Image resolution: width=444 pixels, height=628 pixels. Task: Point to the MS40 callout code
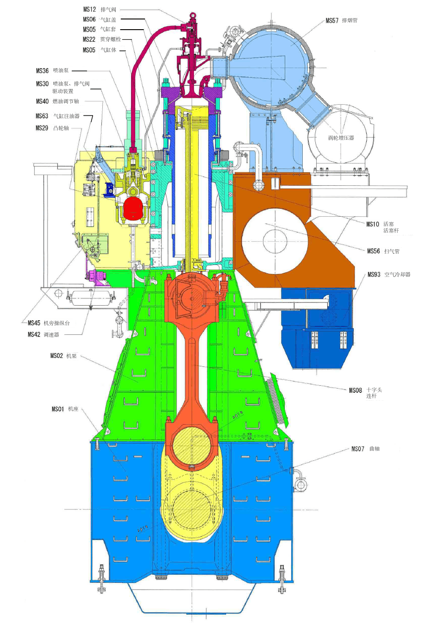(x=42, y=101)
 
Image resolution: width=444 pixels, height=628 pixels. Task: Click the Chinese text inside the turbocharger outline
(x=341, y=138)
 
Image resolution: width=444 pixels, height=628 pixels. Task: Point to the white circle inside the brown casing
(x=275, y=240)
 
